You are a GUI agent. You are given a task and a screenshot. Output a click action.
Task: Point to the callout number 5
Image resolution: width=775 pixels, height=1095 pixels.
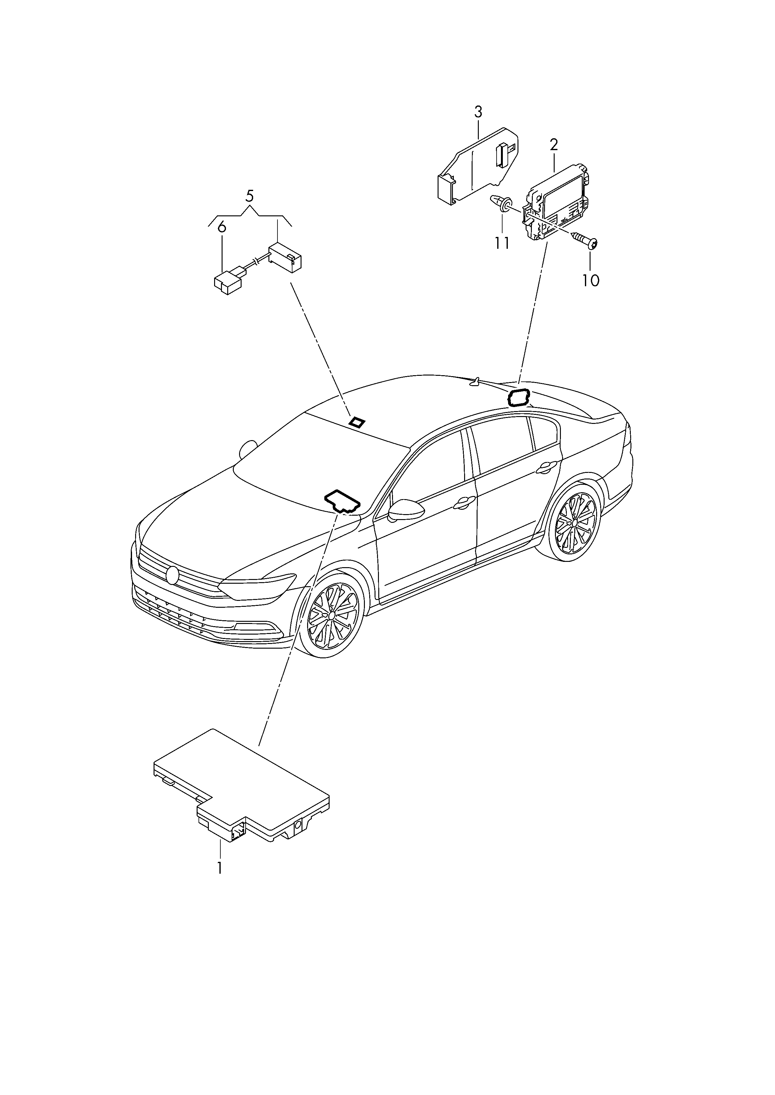click(x=250, y=196)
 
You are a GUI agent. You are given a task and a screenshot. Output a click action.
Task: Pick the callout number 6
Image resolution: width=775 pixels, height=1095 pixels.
click(x=221, y=228)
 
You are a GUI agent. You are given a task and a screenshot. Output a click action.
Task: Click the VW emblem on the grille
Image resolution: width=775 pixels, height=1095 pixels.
click(x=172, y=575)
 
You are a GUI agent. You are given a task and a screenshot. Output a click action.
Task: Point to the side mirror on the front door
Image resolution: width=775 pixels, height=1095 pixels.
click(x=407, y=511)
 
